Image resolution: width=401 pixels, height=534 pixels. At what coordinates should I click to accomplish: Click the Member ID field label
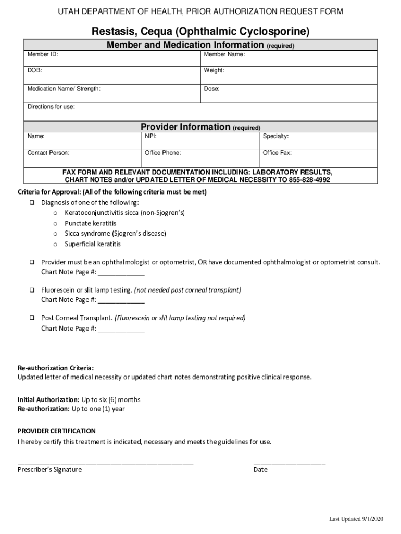coord(43,54)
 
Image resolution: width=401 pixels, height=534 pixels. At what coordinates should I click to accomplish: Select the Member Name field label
coord(224,54)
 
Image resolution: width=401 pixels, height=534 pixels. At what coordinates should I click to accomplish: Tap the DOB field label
coord(35,70)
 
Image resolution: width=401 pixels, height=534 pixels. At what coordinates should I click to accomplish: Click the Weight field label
coord(214,70)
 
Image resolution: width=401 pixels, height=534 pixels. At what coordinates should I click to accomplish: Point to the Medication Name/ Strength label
coord(64,89)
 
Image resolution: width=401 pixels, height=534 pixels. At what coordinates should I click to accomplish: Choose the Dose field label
coord(211,89)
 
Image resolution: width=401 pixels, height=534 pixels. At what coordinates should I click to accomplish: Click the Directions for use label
coord(51,107)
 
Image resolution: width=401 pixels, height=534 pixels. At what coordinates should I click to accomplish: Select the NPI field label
coord(151,136)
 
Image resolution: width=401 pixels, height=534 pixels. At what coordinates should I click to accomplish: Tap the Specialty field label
coord(275,136)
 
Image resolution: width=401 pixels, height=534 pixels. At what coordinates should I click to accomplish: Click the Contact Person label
coord(48,153)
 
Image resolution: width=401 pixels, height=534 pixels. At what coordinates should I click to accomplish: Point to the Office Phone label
coord(163,153)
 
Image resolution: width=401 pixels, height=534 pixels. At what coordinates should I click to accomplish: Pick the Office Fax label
coord(277,153)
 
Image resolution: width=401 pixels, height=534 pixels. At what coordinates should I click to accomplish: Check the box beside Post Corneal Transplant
coord(32,318)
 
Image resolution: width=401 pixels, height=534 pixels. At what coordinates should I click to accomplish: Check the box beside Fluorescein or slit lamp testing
coord(32,289)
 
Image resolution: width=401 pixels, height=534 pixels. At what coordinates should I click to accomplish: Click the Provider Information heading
coord(185,127)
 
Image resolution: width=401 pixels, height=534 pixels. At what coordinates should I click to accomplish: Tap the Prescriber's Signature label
coord(49,469)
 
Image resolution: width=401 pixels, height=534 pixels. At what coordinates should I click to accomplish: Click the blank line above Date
coord(289,462)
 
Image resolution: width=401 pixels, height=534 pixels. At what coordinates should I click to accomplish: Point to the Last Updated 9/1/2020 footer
coord(356,519)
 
